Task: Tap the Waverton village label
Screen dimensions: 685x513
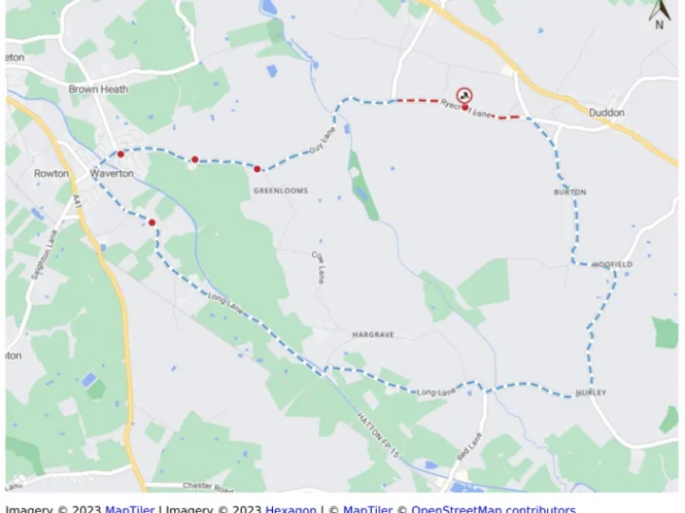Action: [x=112, y=174]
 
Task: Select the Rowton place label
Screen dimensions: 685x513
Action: [x=51, y=174]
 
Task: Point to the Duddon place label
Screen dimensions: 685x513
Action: [x=607, y=113]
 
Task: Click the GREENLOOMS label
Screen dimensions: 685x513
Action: [x=281, y=191]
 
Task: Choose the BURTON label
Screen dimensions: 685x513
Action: [x=570, y=192]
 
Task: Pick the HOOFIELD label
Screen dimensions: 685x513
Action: [x=612, y=264]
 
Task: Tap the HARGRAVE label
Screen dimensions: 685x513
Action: [x=373, y=335]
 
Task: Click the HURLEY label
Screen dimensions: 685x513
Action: [x=591, y=392]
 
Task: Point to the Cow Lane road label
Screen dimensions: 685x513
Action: [x=320, y=267]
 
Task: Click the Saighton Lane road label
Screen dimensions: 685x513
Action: [x=45, y=254]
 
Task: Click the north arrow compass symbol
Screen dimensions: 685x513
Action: [x=659, y=14]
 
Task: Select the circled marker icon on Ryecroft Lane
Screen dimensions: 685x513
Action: [x=463, y=95]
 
